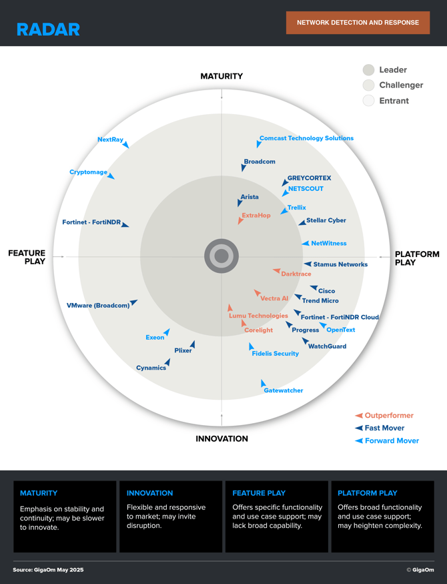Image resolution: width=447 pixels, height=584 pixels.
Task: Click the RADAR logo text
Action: [49, 29]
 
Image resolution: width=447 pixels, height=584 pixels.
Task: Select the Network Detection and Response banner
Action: [358, 23]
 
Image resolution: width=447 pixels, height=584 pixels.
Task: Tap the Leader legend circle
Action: [368, 69]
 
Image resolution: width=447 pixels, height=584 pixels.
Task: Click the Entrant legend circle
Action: [368, 101]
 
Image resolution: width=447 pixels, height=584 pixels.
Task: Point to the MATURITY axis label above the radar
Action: [221, 76]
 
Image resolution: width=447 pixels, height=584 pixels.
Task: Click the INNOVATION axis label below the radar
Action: [221, 439]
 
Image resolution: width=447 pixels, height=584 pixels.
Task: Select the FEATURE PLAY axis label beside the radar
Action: [27, 257]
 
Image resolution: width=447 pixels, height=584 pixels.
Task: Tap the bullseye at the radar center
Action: [221, 256]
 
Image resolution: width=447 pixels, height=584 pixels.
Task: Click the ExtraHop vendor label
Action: [256, 216]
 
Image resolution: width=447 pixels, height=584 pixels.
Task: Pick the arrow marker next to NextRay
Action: [126, 145]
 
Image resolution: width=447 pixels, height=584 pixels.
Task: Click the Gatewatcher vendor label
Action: [284, 390]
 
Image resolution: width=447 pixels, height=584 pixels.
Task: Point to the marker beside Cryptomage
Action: [111, 176]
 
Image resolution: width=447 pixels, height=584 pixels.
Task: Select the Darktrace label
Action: [296, 274]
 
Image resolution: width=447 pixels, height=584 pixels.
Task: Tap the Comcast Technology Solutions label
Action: [306, 138]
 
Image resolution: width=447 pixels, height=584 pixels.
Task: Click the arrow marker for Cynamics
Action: [167, 362]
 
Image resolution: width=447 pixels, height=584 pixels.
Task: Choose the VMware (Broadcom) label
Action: [98, 306]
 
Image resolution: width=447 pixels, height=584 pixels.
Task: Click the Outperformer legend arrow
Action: [359, 415]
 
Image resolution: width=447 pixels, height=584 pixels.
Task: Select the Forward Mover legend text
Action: [392, 441]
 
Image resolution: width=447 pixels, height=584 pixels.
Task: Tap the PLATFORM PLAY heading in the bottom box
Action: [368, 493]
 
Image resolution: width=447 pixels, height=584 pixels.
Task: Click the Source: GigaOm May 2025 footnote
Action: [48, 570]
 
